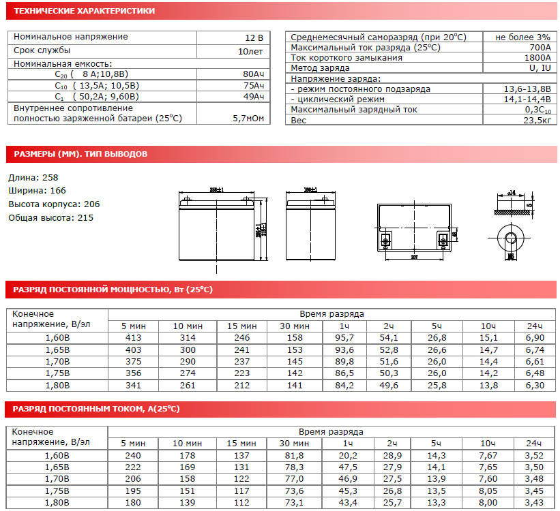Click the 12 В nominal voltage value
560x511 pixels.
tap(254, 37)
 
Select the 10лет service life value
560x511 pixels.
tap(250, 50)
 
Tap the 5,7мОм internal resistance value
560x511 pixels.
tap(248, 119)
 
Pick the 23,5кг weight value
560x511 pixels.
tap(536, 120)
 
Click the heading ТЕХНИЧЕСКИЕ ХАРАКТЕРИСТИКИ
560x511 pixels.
tap(84, 11)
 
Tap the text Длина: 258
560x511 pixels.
tap(33, 178)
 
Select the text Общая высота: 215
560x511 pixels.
tap(51, 218)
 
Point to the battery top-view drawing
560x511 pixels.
tap(413, 229)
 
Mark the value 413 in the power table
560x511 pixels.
tap(134, 338)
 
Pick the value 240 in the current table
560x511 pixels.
tap(134, 455)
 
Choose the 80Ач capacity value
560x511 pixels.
tap(252, 74)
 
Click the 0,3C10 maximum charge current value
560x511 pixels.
tap(536, 110)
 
